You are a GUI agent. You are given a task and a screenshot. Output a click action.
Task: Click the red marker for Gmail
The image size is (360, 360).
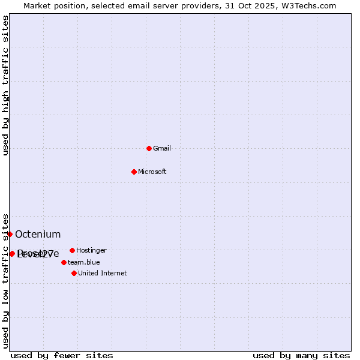pos(149,148)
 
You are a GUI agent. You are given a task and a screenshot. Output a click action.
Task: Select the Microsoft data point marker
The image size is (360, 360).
pos(134,172)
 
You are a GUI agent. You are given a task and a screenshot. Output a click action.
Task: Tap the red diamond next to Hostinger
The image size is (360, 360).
pos(72,250)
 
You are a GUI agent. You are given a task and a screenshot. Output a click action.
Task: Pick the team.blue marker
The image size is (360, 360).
pos(64,262)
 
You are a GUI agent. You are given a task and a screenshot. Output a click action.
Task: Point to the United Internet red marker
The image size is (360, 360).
pos(74,273)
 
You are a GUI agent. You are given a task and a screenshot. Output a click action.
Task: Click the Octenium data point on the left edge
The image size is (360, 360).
pos(10,234)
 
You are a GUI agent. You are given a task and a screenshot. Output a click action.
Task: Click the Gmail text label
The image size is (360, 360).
pos(162,148)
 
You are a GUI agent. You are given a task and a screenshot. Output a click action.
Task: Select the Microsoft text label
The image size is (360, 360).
pos(152,172)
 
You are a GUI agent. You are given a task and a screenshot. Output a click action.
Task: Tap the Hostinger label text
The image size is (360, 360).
pos(91,250)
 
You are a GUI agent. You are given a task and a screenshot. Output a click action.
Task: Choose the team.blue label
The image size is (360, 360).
pos(84,262)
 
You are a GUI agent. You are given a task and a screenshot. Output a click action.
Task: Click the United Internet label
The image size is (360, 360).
pos(103,273)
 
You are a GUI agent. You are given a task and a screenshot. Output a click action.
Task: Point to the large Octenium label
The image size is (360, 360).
pos(38,234)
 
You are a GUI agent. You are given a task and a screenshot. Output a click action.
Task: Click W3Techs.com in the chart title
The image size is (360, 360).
pos(307,5)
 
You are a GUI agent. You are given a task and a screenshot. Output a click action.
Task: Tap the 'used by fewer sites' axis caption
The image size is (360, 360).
pos(62,355)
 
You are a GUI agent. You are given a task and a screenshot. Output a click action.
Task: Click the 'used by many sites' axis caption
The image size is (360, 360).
pos(301,355)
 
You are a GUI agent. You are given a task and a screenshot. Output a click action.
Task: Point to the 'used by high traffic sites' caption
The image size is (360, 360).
pos(5,85)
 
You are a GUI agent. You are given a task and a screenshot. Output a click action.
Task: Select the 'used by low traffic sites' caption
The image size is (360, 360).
pos(5,280)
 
